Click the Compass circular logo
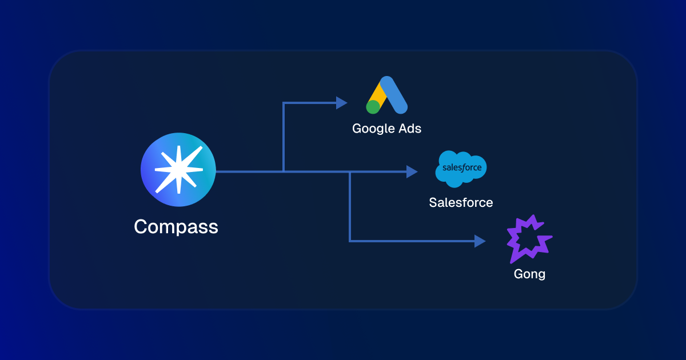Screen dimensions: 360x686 click(178, 169)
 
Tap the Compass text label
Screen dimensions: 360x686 click(176, 227)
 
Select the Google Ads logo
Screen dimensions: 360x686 click(386, 95)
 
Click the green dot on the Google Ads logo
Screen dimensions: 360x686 click(373, 106)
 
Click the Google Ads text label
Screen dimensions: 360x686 click(386, 129)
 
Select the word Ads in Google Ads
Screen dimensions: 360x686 click(409, 129)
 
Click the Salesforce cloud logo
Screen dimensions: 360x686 click(461, 169)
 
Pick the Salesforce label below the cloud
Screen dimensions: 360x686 click(461, 202)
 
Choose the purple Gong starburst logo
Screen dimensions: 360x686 click(529, 239)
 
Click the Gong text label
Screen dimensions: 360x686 click(529, 274)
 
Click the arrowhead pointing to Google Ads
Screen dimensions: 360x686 click(341, 103)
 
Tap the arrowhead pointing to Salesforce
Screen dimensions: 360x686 click(412, 171)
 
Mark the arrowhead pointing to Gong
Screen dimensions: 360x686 click(480, 241)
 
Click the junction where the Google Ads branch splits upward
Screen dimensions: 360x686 click(284, 171)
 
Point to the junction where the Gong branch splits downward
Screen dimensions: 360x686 click(350, 171)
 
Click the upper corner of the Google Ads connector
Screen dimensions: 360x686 click(284, 103)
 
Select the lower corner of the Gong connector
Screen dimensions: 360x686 click(350, 241)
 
